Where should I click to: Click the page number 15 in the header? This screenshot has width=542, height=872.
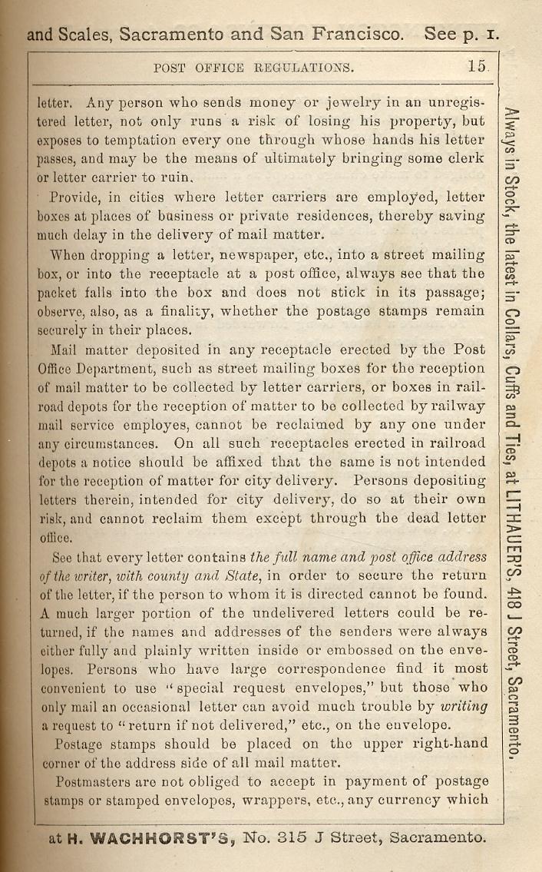coord(476,67)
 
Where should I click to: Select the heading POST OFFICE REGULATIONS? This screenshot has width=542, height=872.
coord(254,68)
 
